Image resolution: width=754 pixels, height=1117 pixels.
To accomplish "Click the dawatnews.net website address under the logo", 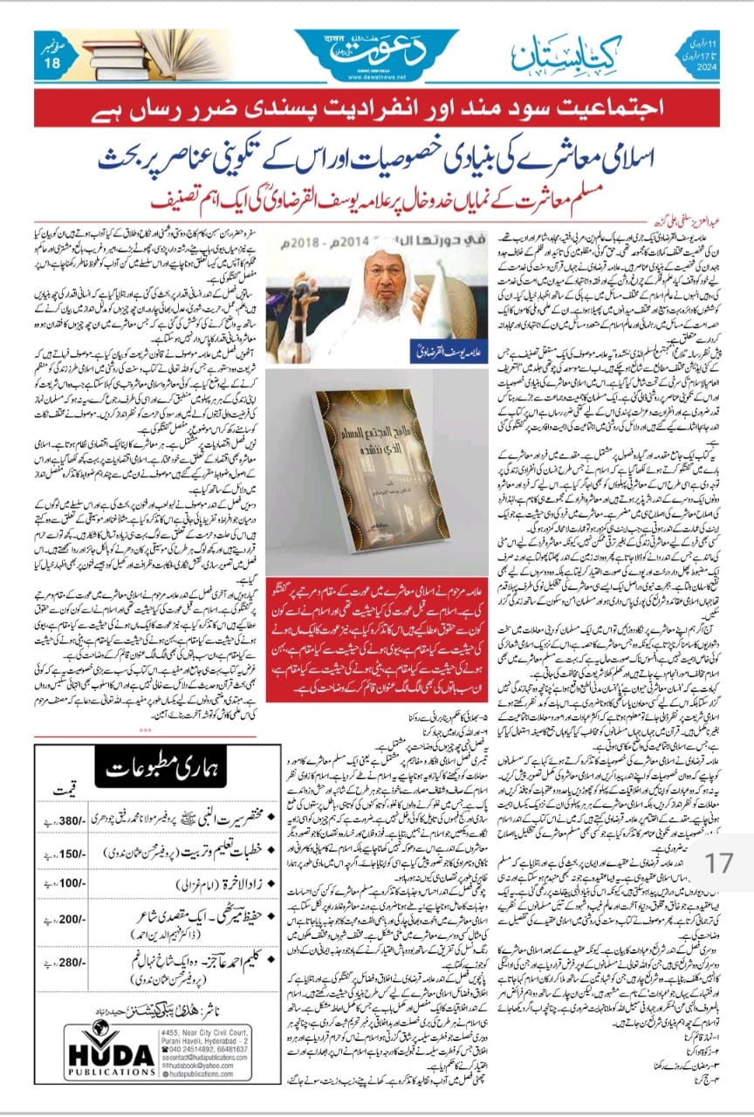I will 376,75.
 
